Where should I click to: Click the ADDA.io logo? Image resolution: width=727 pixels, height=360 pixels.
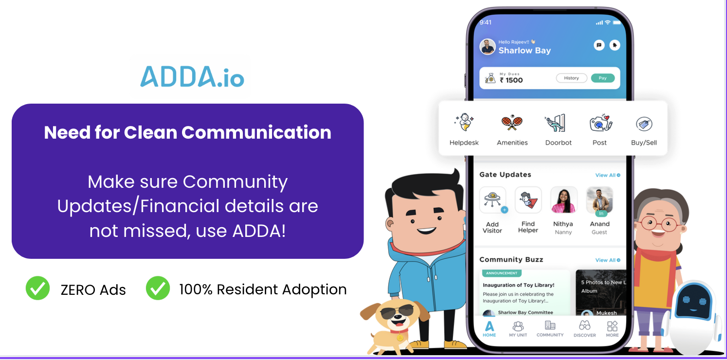192,77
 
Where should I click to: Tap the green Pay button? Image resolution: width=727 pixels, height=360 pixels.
602,78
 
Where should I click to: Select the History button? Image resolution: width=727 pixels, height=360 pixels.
571,78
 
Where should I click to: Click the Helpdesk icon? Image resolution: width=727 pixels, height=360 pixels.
464,122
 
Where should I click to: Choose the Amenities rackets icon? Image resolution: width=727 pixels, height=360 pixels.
512,123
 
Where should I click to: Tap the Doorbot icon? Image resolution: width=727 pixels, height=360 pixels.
556,123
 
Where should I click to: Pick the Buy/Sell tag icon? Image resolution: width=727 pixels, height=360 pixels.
644,124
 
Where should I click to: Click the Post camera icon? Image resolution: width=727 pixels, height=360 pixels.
600,123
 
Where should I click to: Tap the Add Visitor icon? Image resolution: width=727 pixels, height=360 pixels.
492,200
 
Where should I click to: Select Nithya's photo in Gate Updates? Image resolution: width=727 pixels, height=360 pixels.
564,200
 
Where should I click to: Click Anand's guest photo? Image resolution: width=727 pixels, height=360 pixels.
600,200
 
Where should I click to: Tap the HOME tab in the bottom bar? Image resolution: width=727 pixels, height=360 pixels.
489,329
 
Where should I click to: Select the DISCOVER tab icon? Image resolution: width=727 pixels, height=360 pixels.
584,325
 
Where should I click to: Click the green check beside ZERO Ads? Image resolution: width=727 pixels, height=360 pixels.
37,288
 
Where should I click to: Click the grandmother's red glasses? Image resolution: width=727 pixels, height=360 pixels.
659,224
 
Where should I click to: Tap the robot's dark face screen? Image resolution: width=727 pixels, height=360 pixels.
694,302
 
